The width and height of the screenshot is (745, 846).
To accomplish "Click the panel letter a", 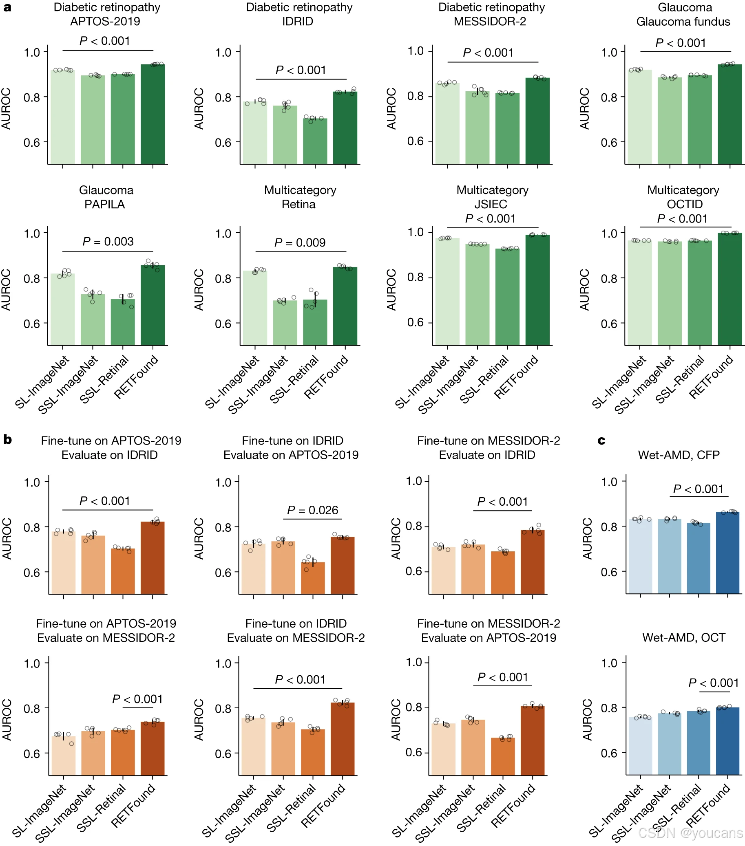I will coord(7,7).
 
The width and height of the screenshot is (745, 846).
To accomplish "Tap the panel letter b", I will coord(7,440).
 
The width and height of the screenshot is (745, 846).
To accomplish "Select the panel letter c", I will coord(601,441).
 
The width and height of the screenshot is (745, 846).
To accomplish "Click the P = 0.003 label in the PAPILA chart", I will coord(108,242).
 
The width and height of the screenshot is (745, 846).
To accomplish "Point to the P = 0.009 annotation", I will coord(300,243).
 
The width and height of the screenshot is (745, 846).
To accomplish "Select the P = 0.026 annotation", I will coord(313,510).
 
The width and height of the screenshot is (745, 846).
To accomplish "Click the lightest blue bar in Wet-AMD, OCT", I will coord(640,745).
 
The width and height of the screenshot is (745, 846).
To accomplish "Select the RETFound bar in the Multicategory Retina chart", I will coord(345,306).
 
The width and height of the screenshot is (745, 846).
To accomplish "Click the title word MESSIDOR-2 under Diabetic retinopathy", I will coord(490,22).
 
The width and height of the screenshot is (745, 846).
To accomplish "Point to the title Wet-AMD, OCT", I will coord(683,637).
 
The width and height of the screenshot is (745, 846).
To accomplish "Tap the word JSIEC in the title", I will coord(491,204).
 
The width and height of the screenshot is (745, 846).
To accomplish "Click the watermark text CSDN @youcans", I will coord(690,832).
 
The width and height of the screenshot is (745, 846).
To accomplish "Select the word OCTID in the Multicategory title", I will coord(685,204).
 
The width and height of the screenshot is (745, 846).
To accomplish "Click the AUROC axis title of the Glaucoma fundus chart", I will coord(584,108).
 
